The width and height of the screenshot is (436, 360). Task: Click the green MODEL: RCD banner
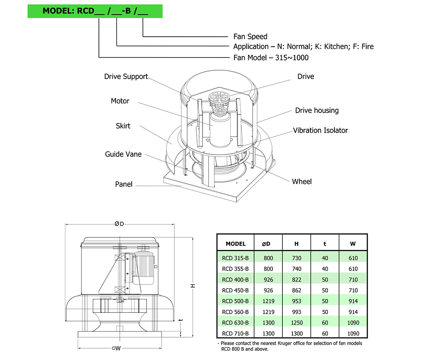pos(95,11)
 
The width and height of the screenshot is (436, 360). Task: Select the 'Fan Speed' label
pos(250,37)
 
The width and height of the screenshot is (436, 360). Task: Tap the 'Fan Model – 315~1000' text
pos(271,58)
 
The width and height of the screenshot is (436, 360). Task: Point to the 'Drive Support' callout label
pos(126,77)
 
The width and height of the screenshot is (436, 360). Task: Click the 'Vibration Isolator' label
pos(320,130)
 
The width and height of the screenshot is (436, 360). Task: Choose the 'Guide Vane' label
pos(123,154)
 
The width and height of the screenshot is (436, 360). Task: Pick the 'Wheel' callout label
pos(302,182)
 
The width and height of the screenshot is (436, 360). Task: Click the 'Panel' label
pos(124,184)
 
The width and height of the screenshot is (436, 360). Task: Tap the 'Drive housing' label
pos(317,110)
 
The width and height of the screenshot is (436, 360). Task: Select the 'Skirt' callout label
pos(123,126)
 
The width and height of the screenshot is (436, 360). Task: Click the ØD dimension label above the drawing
pos(119,224)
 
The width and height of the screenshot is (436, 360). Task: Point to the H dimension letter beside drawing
pos(192,286)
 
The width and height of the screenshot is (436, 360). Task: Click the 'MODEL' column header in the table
pos(236,244)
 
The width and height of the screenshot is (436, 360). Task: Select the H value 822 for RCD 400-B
pos(297,280)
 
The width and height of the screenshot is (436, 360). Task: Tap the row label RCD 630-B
pos(235,323)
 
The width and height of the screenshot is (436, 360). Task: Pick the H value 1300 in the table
pos(297,334)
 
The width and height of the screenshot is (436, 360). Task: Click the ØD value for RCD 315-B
pos(269,258)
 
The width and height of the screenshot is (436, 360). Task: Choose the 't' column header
pos(325,244)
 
